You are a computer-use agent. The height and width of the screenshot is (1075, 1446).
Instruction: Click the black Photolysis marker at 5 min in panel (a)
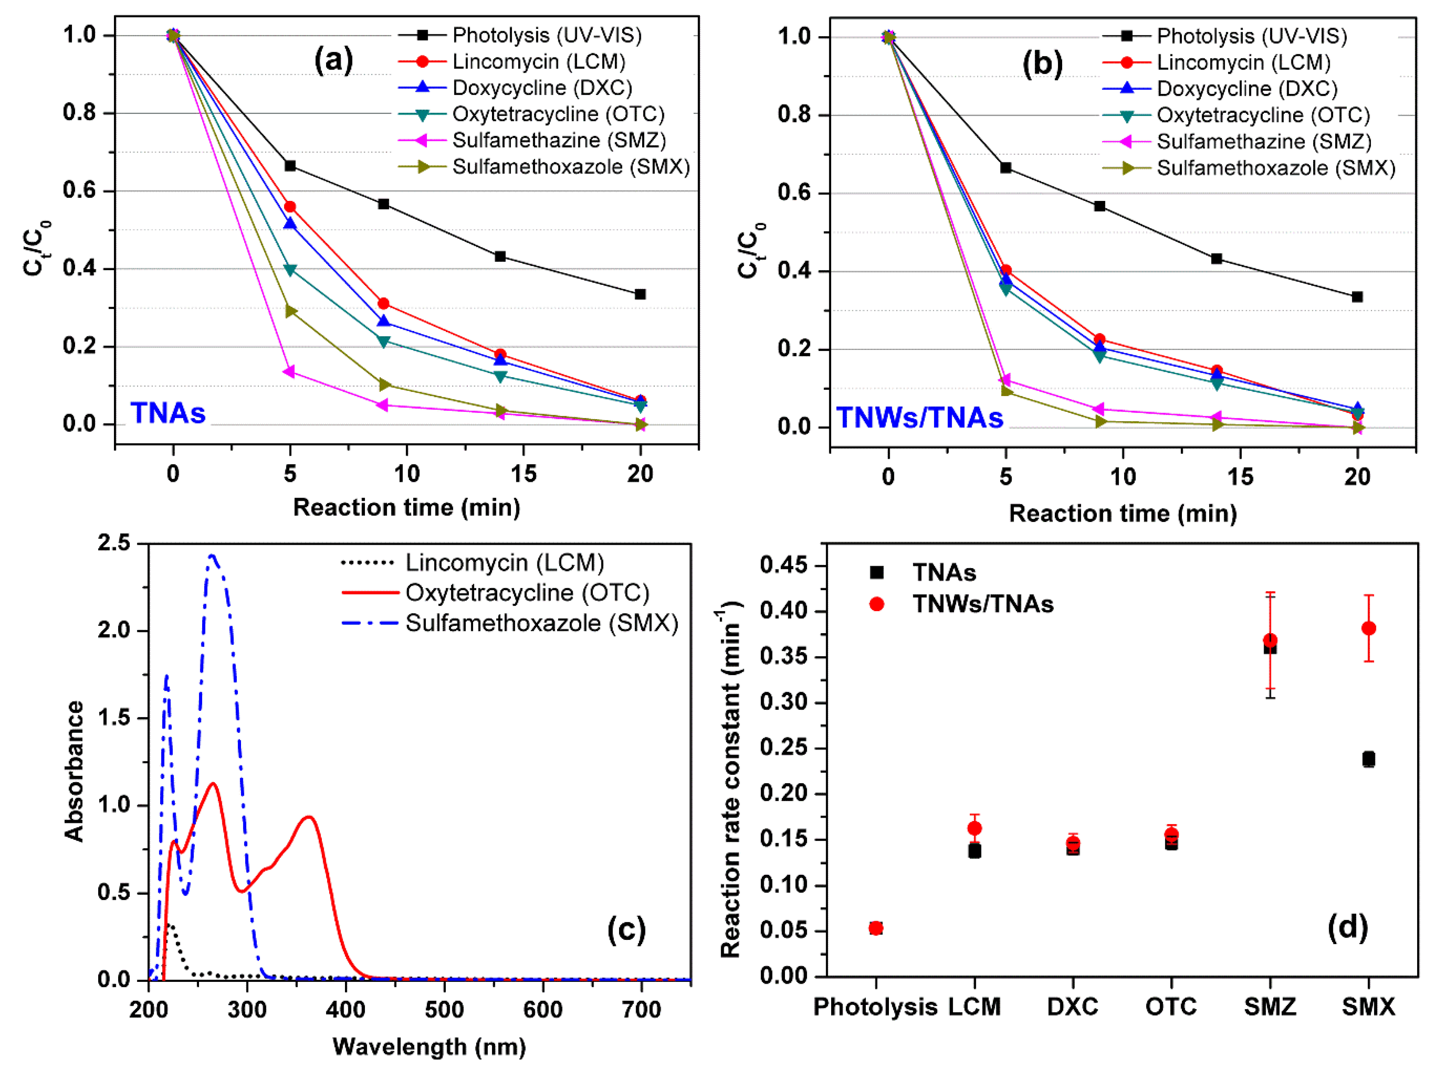290,166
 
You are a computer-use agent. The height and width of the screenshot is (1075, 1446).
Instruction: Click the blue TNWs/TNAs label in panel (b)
919,418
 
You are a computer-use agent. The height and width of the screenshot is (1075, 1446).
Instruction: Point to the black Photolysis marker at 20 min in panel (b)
1357,297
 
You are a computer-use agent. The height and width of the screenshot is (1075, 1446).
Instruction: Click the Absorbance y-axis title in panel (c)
75,771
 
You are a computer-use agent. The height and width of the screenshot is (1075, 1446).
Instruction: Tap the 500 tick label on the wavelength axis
445,1010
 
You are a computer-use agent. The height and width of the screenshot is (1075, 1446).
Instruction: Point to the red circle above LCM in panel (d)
974,828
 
